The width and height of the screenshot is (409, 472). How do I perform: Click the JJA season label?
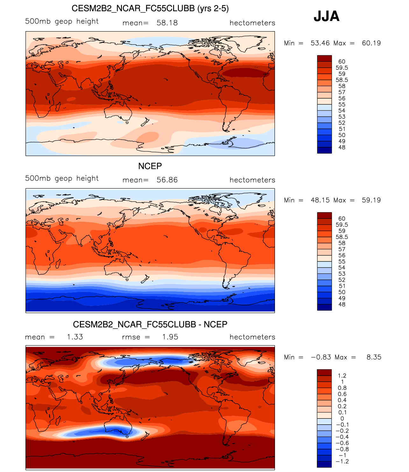click(326, 16)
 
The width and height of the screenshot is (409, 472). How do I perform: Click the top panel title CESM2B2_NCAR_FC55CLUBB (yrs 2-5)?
click(150, 8)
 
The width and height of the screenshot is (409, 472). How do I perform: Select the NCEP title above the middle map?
click(150, 166)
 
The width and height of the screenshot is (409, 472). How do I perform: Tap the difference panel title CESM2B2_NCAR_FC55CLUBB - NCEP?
click(150, 324)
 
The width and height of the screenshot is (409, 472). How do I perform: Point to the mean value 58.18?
click(167, 23)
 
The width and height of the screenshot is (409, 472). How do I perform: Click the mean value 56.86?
click(167, 180)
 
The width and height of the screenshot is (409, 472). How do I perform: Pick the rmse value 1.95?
click(170, 337)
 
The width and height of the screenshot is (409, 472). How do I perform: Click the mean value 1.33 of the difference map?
click(75, 337)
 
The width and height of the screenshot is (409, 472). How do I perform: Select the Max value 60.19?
click(371, 43)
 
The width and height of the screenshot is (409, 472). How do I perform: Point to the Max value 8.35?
click(374, 357)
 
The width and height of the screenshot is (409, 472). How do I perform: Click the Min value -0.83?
click(321, 357)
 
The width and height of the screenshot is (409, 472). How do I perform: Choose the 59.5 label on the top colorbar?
click(342, 68)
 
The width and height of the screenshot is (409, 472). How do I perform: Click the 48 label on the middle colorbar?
click(342, 304)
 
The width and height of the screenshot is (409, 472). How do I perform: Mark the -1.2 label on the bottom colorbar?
click(342, 462)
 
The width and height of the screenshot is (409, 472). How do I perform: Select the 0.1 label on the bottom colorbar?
click(342, 413)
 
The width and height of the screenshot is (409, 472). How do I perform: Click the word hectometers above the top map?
click(252, 23)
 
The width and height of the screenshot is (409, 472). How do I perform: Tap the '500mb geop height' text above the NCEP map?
click(62, 178)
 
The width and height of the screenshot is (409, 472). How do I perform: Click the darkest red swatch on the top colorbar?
click(324, 58)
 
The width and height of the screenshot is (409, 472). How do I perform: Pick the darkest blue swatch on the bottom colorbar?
click(324, 464)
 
